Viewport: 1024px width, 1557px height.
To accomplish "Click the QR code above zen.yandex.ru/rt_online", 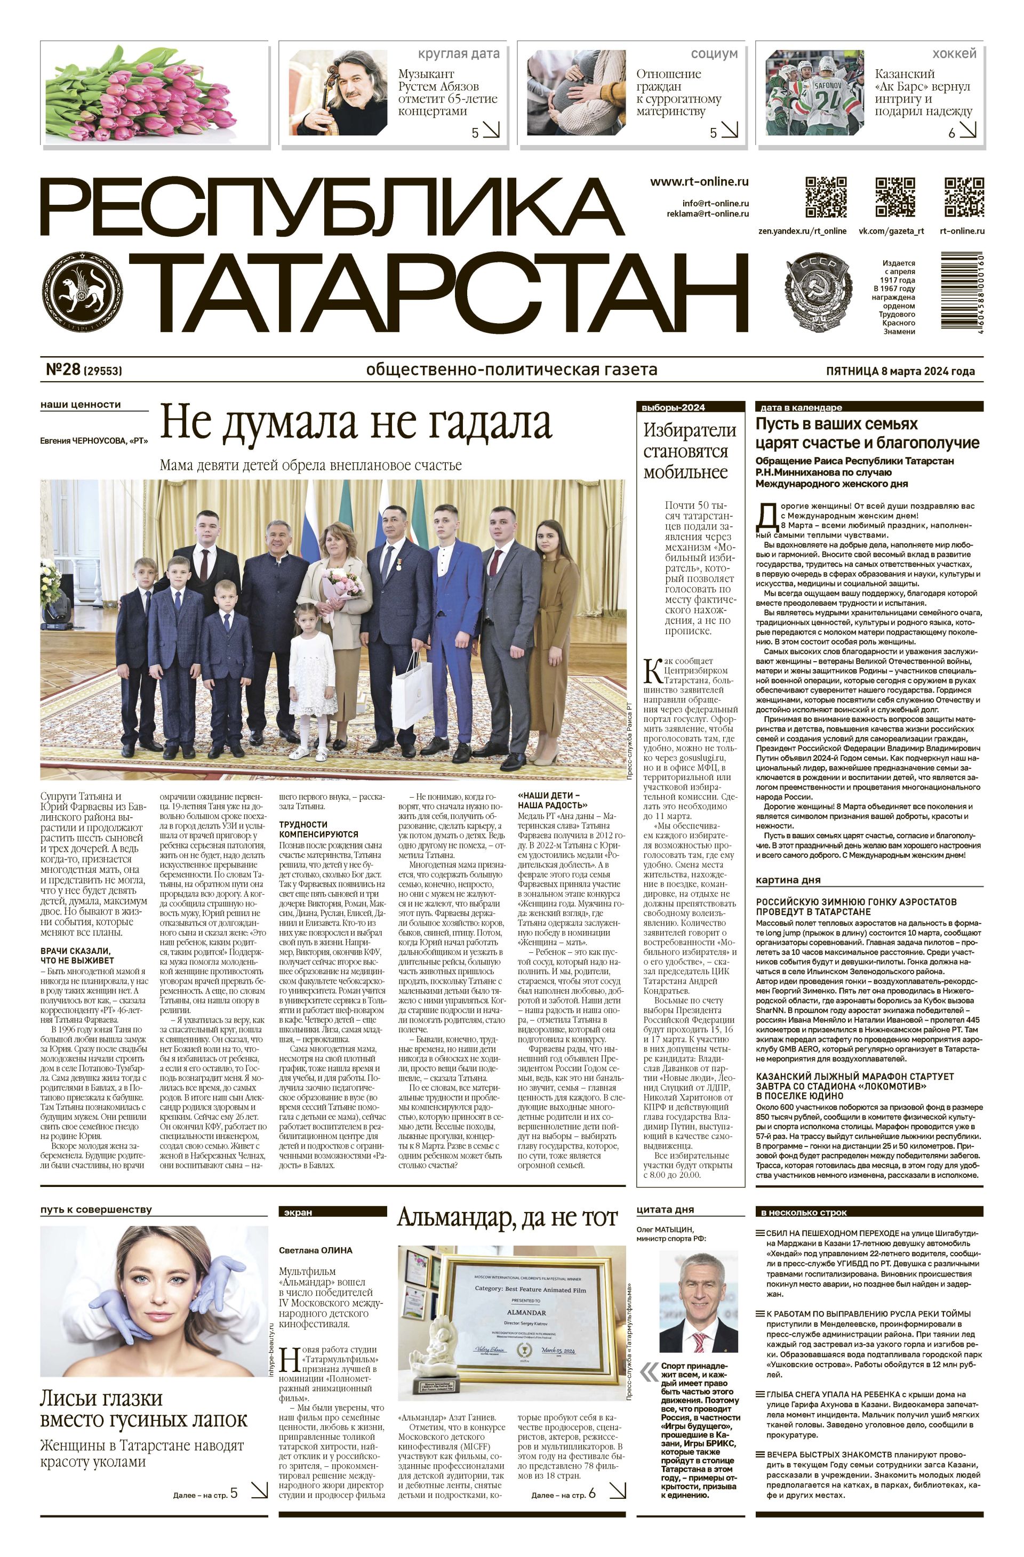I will pos(826,196).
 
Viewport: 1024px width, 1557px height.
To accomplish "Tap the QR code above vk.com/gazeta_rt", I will pos(894,196).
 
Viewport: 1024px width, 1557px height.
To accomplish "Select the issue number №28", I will pos(63,370).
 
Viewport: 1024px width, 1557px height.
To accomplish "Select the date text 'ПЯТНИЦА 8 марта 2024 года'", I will pos(900,371).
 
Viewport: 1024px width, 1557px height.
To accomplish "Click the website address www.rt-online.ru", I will pos(699,182).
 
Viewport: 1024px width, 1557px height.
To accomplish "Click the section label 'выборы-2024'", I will pos(673,407).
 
